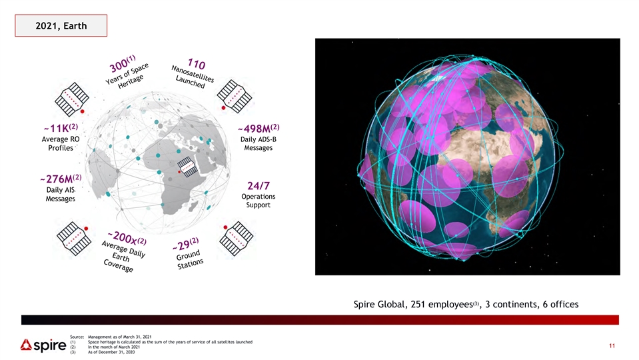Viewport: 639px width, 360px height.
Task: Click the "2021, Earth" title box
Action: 61,26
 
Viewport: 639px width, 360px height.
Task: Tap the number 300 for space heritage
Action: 119,65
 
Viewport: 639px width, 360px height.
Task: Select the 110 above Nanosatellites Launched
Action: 197,64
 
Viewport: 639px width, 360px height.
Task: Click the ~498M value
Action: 255,129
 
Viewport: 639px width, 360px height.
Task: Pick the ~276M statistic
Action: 57,179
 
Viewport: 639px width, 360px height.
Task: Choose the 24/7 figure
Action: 259,186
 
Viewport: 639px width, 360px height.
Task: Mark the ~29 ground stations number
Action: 181,245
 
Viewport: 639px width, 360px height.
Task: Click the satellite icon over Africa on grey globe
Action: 187,167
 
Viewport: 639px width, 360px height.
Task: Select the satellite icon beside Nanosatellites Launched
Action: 235,96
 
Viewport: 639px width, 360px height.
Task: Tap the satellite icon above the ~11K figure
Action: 72,99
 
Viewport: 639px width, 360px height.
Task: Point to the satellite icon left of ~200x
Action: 73,239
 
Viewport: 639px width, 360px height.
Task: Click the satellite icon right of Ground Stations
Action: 237,239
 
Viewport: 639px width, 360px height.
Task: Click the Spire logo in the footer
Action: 43,345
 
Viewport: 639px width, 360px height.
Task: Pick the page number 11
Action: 612,346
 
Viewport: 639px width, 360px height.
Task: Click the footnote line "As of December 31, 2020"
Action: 111,352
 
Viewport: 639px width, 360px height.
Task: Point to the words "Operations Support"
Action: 259,201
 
